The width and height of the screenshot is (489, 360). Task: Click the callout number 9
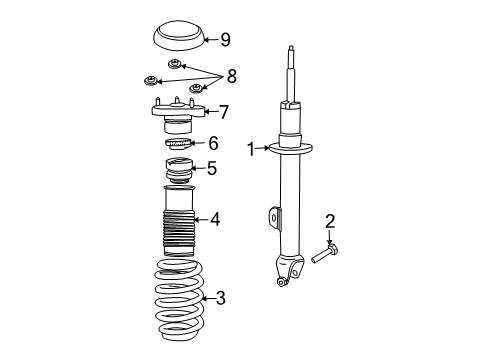pyautogui.click(x=225, y=40)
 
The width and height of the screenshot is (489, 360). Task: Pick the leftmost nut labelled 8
pyautogui.click(x=150, y=80)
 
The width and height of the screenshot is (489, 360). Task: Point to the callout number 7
pyautogui.click(x=225, y=112)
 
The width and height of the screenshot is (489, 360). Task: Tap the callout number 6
pyautogui.click(x=212, y=144)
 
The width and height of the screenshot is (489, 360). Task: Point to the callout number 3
pyautogui.click(x=221, y=297)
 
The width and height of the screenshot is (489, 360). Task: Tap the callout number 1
pyautogui.click(x=251, y=150)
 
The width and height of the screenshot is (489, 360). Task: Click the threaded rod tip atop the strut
pyautogui.click(x=290, y=55)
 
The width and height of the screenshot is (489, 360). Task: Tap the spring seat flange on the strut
pyautogui.click(x=290, y=150)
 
